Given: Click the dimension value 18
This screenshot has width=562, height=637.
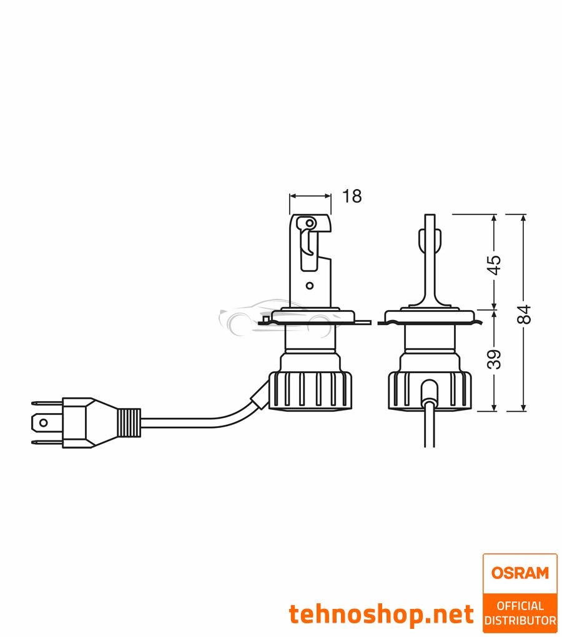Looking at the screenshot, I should pyautogui.click(x=352, y=196).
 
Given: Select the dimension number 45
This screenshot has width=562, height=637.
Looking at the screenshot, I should pyautogui.click(x=494, y=264).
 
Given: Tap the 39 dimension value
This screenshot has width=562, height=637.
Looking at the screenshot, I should pyautogui.click(x=494, y=360).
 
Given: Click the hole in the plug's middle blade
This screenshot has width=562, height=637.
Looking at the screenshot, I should pyautogui.click(x=43, y=422).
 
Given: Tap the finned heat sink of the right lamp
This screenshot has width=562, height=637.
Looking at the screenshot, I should pyautogui.click(x=430, y=390).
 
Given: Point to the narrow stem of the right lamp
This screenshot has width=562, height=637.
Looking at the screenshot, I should pyautogui.click(x=430, y=262).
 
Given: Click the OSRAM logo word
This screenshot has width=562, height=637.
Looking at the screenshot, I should pyautogui.click(x=520, y=573).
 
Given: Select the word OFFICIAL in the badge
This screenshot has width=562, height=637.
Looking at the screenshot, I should pyautogui.click(x=520, y=606).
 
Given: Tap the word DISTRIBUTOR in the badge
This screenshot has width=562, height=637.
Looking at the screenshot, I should pyautogui.click(x=520, y=620).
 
